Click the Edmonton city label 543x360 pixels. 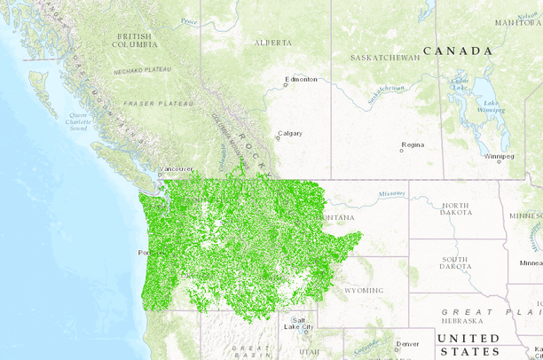click(302, 79)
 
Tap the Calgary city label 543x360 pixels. click(290, 134)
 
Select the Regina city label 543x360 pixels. click(413, 144)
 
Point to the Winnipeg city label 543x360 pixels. click(500, 156)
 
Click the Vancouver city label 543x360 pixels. click(177, 168)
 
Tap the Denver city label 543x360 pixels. click(408, 343)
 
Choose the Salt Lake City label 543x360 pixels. click(298, 324)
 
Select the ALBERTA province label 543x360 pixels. click(272, 43)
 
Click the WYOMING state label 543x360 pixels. click(364, 290)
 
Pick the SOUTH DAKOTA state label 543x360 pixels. click(454, 262)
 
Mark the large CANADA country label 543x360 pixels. click(457, 51)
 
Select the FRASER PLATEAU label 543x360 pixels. click(157, 104)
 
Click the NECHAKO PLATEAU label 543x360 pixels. click(143, 68)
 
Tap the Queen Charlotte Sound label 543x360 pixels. click(78, 121)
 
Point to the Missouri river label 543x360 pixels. click(390, 192)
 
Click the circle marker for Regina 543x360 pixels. click(402, 150)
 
